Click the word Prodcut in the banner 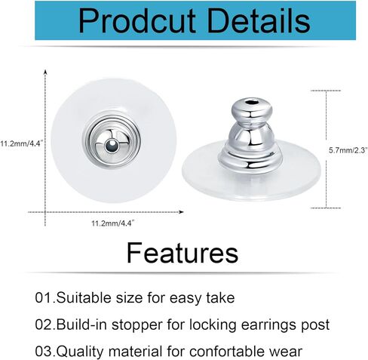(x=137, y=21)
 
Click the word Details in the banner (x=259, y=21)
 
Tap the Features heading (x=182, y=253)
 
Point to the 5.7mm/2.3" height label (x=348, y=150)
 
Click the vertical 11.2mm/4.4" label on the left (x=21, y=143)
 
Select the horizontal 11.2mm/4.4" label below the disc (x=113, y=223)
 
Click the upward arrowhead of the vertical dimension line (x=45, y=72)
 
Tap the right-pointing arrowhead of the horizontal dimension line (x=181, y=212)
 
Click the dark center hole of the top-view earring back (x=112, y=146)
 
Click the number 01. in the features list (x=45, y=298)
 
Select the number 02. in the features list (x=45, y=325)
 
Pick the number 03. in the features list (x=45, y=351)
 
